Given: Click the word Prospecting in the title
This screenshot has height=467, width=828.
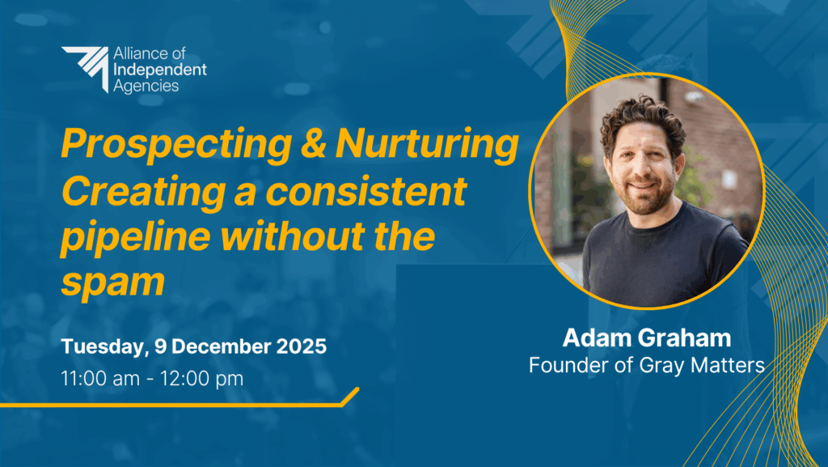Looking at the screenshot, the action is [x=176, y=145].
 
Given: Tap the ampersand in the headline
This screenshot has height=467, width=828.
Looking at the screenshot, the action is [x=313, y=143].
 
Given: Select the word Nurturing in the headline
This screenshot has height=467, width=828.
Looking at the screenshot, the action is [x=427, y=145].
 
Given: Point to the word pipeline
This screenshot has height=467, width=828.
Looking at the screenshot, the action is [x=136, y=237].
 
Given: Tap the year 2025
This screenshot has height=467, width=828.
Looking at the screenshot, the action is [x=302, y=346].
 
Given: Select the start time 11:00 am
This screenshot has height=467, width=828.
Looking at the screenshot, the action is [x=100, y=379].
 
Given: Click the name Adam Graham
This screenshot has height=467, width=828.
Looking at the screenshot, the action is [x=647, y=338].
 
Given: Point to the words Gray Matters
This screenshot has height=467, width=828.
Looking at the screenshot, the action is [x=702, y=365].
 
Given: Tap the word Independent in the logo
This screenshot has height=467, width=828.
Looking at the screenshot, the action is [x=160, y=70].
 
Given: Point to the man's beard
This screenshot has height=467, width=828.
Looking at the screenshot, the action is [x=647, y=196].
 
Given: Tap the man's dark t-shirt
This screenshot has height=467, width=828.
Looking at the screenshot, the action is [x=665, y=253].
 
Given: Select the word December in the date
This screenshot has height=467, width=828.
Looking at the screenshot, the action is [x=222, y=346].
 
